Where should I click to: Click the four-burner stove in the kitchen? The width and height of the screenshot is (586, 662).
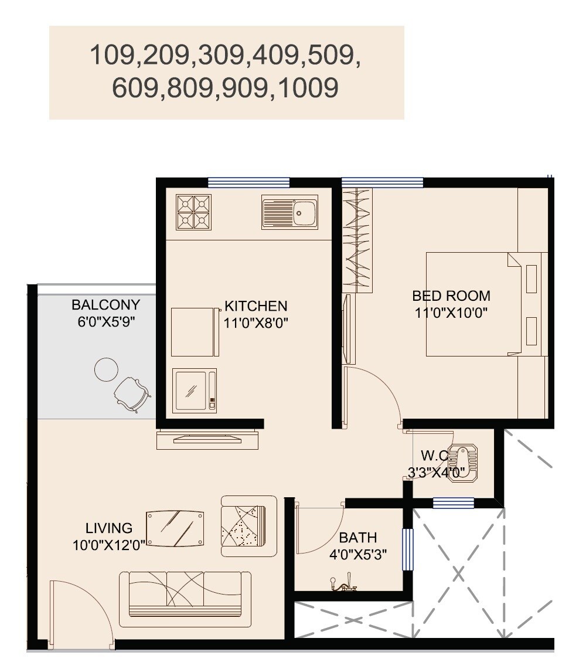tap(193, 212)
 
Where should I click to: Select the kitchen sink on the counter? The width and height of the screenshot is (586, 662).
tap(289, 212)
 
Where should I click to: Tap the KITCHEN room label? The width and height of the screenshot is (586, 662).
tap(256, 306)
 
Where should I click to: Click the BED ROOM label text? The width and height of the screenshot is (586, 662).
tap(451, 296)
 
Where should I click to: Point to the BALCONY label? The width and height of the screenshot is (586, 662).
tap(106, 305)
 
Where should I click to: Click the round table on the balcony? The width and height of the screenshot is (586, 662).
tap(106, 369)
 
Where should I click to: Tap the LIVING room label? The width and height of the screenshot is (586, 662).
tap(109, 528)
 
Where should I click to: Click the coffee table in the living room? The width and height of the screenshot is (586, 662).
tap(175, 529)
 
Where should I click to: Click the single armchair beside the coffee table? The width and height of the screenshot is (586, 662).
tap(248, 525)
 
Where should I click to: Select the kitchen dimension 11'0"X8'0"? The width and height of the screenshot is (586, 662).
tap(256, 322)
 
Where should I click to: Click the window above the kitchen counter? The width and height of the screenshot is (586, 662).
tap(248, 182)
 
